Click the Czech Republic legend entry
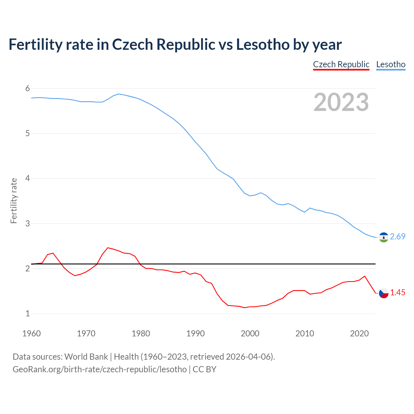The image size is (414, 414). (x=341, y=64)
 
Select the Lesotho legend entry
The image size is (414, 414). (x=391, y=64)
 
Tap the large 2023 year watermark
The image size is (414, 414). (x=341, y=102)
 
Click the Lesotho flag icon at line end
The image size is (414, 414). (x=384, y=237)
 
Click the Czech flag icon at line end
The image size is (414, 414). (x=384, y=293)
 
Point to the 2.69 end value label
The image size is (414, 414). (x=398, y=237)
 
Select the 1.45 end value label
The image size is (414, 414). (x=398, y=293)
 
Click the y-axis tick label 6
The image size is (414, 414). (x=27, y=88)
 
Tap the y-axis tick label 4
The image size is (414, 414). (x=27, y=178)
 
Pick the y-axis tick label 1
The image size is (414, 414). (x=27, y=313)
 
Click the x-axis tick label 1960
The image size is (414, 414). (x=31, y=333)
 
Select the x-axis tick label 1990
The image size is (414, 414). (x=195, y=333)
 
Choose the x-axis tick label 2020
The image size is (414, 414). (x=359, y=333)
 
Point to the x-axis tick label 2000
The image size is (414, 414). (x=250, y=333)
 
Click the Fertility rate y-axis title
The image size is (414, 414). (x=14, y=201)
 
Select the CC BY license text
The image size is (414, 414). (x=204, y=369)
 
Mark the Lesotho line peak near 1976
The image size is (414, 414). (x=119, y=94)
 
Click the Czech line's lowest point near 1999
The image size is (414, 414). (x=245, y=308)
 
